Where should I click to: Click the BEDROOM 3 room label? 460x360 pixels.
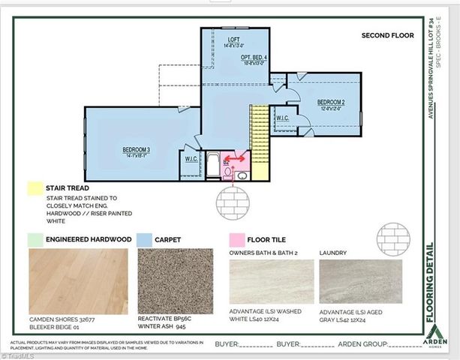(137, 150)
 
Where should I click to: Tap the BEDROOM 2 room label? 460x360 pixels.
(330, 102)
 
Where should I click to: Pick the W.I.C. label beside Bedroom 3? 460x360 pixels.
(191, 160)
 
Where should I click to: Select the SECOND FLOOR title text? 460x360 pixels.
(387, 35)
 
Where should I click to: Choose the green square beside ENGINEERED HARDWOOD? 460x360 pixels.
(33, 239)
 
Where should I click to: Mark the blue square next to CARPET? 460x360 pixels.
(145, 239)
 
